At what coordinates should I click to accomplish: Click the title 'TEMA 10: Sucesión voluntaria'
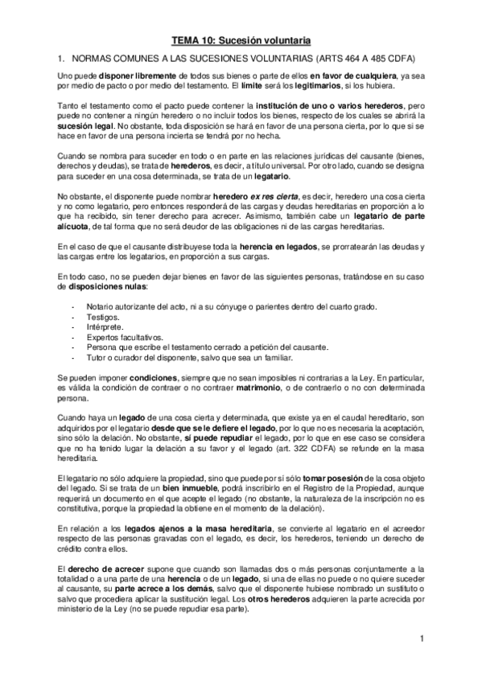click(x=241, y=39)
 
